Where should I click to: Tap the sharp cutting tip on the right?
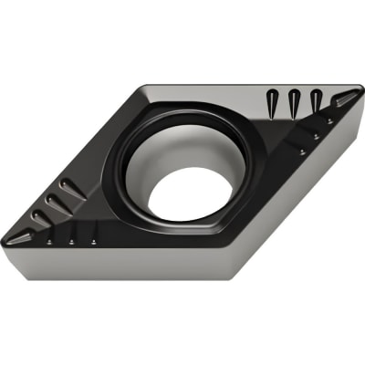359,95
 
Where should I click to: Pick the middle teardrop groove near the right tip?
294,101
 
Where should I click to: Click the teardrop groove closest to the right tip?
315,101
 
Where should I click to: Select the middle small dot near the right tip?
315,136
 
